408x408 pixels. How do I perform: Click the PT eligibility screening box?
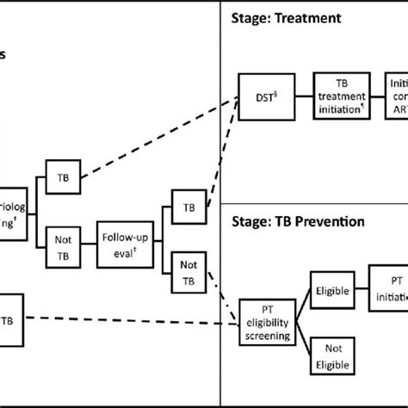point(265,324)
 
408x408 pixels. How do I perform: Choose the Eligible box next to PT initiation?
point(331,291)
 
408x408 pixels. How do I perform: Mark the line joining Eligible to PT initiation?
point(361,291)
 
